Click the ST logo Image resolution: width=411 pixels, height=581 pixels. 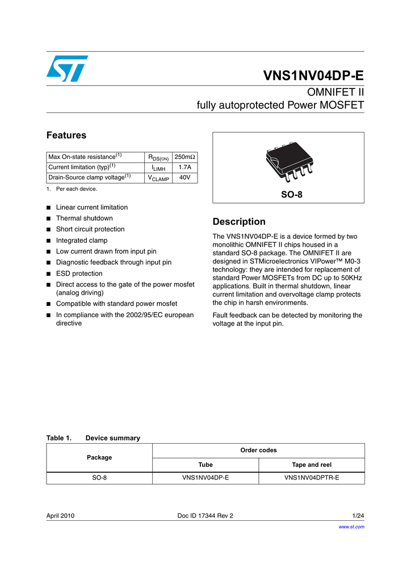67,69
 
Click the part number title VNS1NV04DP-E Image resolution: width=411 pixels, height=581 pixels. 313,77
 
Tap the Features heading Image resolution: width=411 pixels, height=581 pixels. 66,135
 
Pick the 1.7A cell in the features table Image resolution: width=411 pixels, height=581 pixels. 184,167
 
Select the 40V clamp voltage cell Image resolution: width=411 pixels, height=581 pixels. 184,178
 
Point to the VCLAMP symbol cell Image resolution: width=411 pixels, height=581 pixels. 158,178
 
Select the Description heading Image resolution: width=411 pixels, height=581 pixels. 238,222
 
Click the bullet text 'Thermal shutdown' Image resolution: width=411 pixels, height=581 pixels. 84,218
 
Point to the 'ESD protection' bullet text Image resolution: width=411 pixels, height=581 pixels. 79,273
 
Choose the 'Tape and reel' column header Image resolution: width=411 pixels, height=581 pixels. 311,465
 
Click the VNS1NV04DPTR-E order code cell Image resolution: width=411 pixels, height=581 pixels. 311,478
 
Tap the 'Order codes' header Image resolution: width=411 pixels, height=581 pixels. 258,451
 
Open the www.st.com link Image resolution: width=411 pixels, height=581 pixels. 351,527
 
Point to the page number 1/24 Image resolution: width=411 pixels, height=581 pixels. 358,516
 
